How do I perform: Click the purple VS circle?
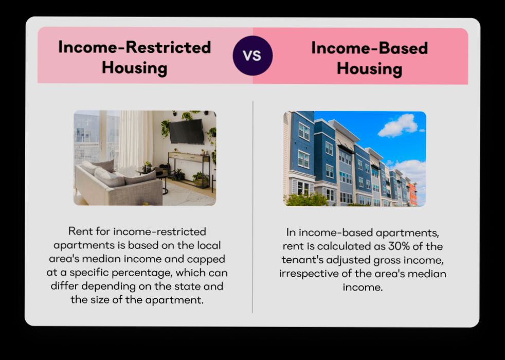pyautogui.click(x=252, y=56)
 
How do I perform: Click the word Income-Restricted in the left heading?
pyautogui.click(x=135, y=47)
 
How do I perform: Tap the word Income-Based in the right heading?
pyautogui.click(x=369, y=48)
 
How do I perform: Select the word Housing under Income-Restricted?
pyautogui.click(x=135, y=67)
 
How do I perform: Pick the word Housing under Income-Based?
pyautogui.click(x=369, y=68)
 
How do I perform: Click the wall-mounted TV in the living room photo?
pyautogui.click(x=187, y=131)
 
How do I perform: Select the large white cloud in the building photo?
pyautogui.click(x=399, y=125)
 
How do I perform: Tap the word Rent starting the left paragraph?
pyautogui.click(x=81, y=231)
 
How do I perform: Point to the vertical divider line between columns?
pyautogui.click(x=252, y=206)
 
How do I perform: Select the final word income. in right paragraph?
pyautogui.click(x=363, y=287)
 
